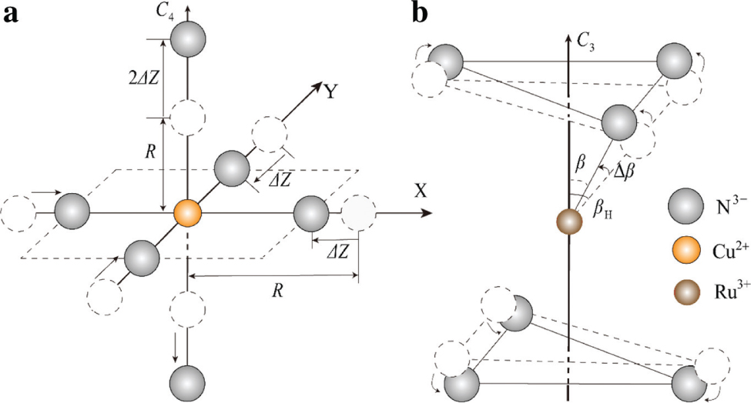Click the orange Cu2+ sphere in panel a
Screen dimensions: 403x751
(187, 211)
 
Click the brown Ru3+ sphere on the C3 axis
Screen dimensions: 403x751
(568, 223)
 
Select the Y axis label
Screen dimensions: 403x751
(330, 92)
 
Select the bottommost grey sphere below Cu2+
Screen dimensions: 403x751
(188, 382)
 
